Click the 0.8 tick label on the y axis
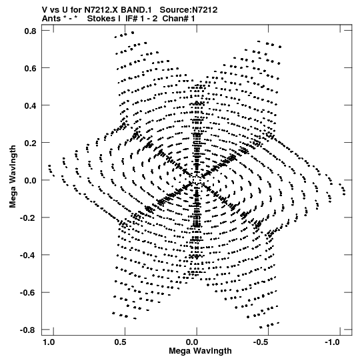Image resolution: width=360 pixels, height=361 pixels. pos(30,31)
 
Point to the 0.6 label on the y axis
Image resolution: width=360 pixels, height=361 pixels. pos(30,68)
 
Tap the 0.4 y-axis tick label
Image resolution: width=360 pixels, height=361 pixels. pos(30,105)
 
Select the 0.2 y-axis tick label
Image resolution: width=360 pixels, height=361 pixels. pos(30,143)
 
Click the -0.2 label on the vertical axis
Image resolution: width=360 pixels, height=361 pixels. pos(28,218)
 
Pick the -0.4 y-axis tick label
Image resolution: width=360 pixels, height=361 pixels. pos(28,256)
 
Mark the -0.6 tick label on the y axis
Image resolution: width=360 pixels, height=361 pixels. pos(28,293)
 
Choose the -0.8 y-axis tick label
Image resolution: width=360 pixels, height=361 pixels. pos(28,330)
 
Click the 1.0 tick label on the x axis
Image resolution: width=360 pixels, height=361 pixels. pos(49,342)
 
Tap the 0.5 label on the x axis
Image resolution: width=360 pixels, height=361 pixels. pos(120,342)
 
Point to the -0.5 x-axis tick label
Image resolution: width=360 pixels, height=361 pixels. pos(261,342)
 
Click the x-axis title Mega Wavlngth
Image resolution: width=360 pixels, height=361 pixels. pos(200,351)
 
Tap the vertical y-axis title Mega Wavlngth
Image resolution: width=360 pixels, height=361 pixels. pos(13,177)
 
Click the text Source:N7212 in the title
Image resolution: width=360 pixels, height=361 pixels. pos(189,10)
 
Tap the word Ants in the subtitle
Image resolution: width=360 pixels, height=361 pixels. pos(51,19)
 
